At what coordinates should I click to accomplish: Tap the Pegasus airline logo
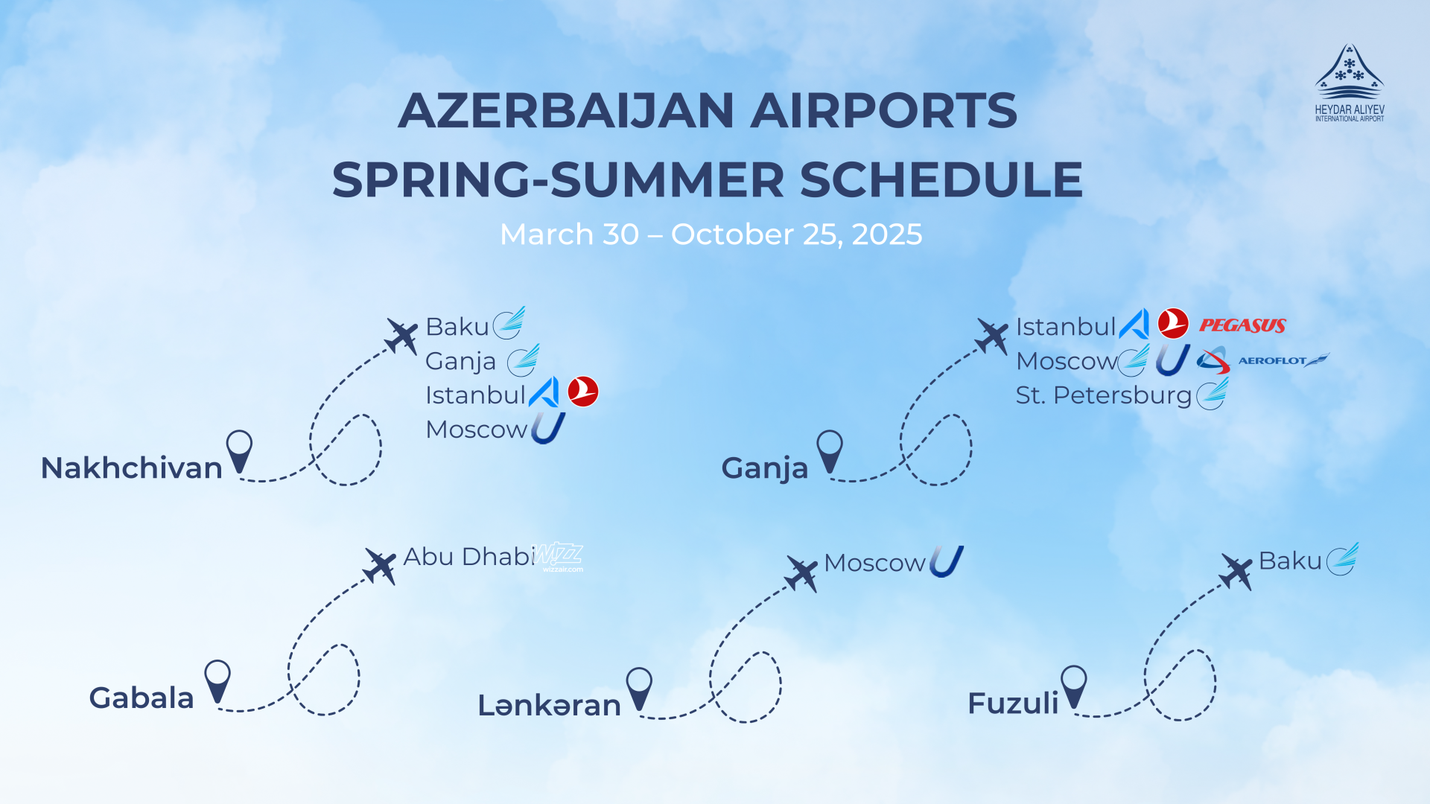click(1242, 325)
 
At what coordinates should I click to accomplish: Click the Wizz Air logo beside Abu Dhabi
click(559, 556)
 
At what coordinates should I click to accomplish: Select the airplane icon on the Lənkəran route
click(801, 574)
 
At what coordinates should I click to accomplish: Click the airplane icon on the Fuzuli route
click(1236, 571)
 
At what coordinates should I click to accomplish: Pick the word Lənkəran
click(549, 705)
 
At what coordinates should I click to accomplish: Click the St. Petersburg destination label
click(1103, 395)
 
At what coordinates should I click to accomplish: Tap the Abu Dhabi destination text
click(468, 557)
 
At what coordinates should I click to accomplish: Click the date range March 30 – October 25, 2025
click(711, 234)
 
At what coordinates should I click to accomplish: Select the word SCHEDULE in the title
click(941, 180)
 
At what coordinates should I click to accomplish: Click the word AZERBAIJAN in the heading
click(567, 111)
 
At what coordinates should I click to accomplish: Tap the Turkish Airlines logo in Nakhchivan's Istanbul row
click(582, 392)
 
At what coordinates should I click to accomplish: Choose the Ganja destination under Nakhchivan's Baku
click(460, 361)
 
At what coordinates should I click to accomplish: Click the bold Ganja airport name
click(764, 468)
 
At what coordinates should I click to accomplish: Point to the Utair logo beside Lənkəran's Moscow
click(946, 561)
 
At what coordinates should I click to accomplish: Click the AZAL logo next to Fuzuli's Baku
click(1342, 559)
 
